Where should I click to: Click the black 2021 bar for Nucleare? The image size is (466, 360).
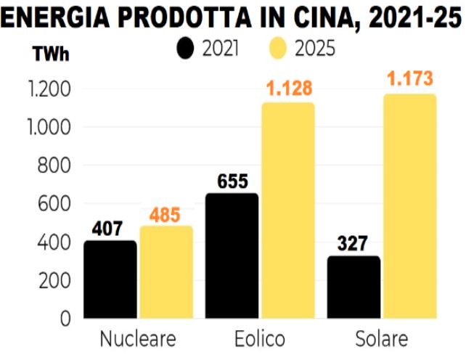coord(110,279)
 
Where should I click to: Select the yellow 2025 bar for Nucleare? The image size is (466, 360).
coord(166,272)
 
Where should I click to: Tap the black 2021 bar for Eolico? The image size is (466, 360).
coord(232,255)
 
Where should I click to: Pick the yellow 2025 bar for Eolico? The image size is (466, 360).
coord(288,210)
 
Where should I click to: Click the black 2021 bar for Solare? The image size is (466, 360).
coord(354,287)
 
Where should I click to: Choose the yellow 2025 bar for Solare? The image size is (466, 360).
coord(410,206)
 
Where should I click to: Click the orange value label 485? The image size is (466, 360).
coord(166,216)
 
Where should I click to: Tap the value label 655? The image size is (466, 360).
coord(232,182)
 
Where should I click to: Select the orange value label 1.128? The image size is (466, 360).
coord(288,89)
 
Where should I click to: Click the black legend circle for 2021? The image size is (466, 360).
coord(187,49)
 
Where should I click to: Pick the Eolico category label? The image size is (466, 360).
coord(260,340)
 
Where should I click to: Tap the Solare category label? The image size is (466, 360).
coord(382,340)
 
